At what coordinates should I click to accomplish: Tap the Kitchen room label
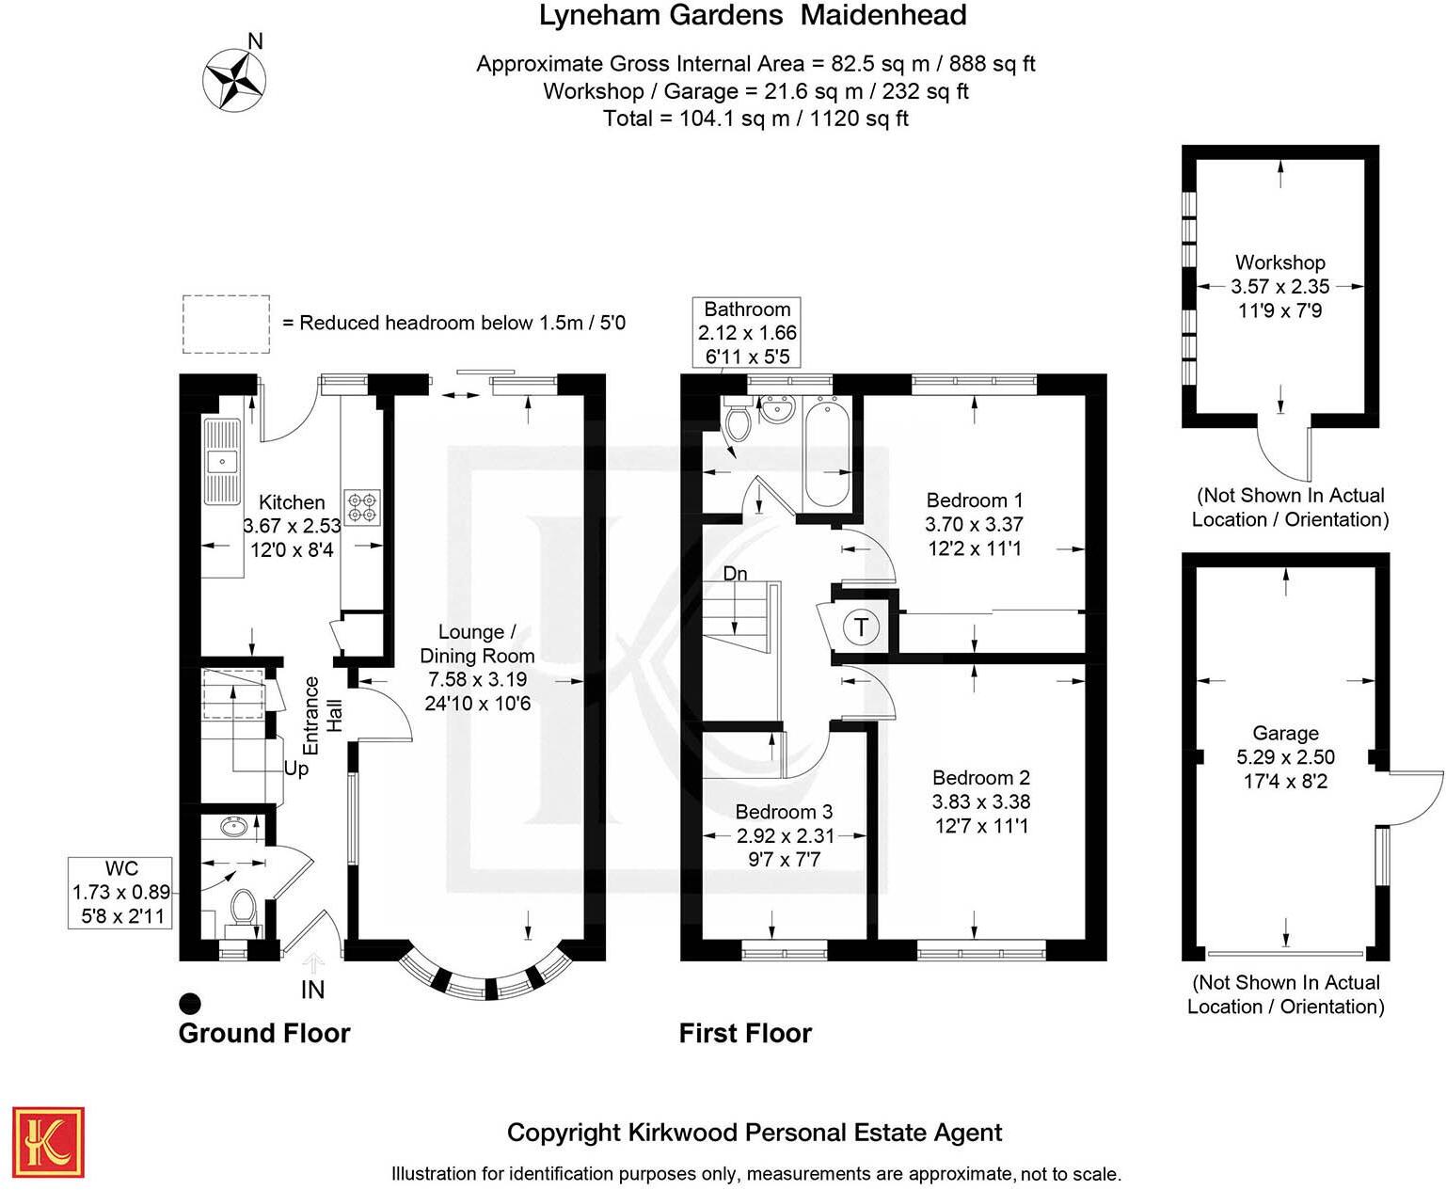click(x=292, y=502)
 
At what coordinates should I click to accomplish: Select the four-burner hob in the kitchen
click(x=362, y=507)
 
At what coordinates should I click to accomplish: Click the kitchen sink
click(x=222, y=461)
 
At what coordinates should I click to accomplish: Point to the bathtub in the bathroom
click(x=828, y=452)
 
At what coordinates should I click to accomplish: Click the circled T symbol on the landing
click(x=861, y=627)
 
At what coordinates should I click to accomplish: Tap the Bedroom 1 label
click(x=974, y=500)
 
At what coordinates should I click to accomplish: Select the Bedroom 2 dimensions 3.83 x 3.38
click(x=980, y=801)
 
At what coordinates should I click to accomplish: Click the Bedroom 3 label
click(x=784, y=811)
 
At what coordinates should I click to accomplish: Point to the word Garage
click(x=1285, y=733)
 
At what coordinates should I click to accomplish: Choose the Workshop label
click(x=1279, y=262)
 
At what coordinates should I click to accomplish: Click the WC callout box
click(x=120, y=892)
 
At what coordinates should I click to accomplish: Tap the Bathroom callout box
click(x=747, y=333)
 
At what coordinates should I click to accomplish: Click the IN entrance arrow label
click(x=312, y=989)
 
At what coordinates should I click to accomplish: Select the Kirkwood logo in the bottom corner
click(x=49, y=1142)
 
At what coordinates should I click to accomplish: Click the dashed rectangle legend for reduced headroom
click(x=226, y=324)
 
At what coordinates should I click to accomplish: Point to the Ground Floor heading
click(x=264, y=1033)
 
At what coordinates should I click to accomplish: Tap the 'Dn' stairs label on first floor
click(x=735, y=574)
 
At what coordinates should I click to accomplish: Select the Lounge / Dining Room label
click(x=477, y=643)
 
